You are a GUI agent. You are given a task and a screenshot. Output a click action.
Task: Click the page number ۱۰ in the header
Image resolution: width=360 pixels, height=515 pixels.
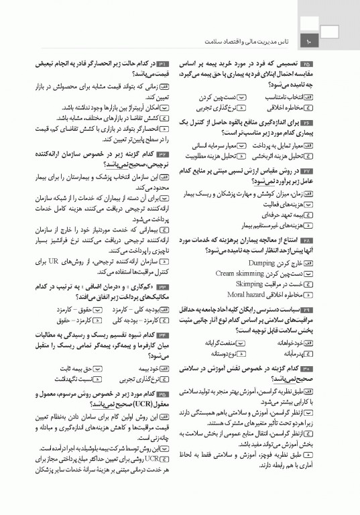click(x=310, y=43)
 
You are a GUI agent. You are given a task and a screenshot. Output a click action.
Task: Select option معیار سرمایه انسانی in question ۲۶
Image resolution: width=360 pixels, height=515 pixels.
click(x=214, y=145)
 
